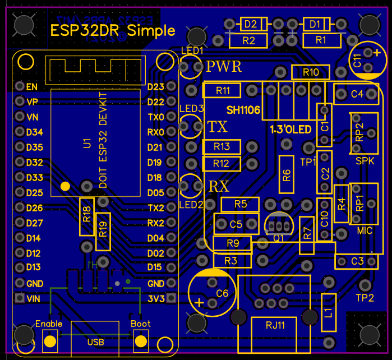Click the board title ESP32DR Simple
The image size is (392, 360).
pos(113,30)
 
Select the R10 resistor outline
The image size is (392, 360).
pos(310,72)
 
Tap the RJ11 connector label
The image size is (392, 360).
pos(275,324)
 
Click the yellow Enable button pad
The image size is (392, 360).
pos(50,340)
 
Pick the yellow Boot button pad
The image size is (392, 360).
pos(141,340)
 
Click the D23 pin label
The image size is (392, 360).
pos(155,87)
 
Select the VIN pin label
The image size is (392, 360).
pos(34,299)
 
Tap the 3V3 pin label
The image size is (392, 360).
pos(155,299)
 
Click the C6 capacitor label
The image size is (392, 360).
pos(222,293)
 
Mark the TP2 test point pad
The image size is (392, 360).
pos(365,285)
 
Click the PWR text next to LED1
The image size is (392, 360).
pos(224,67)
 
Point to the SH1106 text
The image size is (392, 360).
pos(243,110)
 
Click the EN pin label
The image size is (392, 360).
pos(31,87)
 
